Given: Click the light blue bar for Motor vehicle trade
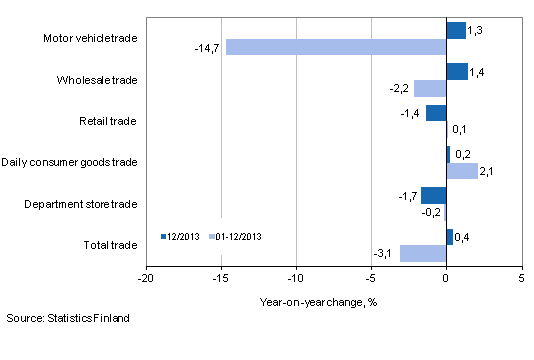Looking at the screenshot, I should (336, 47).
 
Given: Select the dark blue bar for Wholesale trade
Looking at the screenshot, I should (456, 71).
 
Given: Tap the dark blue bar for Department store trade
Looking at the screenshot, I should (433, 195).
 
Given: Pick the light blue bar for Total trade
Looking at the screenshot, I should (423, 253).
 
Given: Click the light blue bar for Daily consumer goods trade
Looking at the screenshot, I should (462, 170).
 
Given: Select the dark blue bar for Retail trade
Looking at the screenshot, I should (435, 113).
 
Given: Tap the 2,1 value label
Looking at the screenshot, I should (489, 171).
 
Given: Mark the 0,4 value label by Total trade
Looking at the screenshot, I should (463, 237).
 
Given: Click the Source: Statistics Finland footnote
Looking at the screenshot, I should (67, 318).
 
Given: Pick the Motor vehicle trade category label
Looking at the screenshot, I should (91, 39).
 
